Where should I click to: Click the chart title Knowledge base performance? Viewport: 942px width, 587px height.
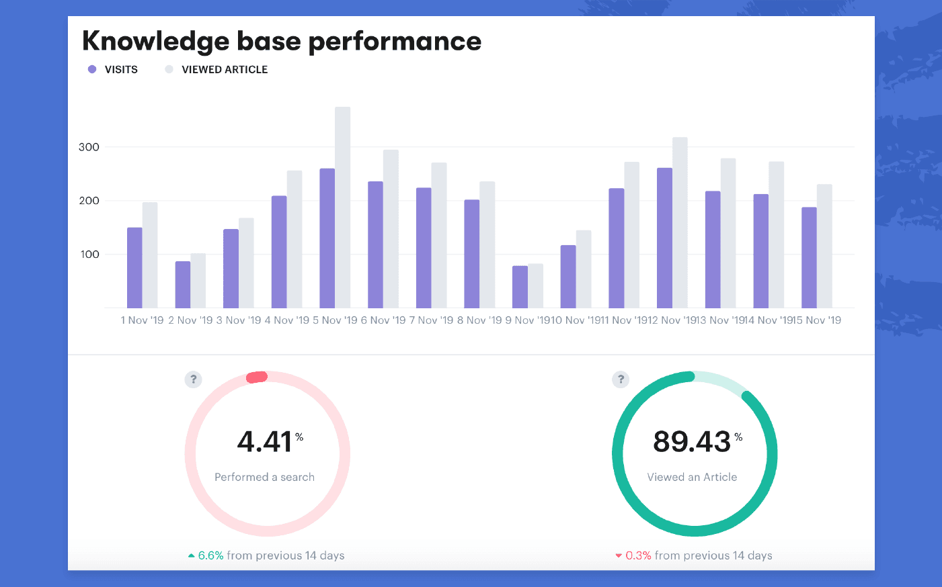tap(282, 41)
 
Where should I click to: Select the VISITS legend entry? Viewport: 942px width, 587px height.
tap(120, 69)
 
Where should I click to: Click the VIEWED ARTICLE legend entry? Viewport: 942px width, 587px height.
tap(224, 69)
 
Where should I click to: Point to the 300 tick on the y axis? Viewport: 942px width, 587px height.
tap(89, 147)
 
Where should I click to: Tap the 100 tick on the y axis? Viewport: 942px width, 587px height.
tap(89, 255)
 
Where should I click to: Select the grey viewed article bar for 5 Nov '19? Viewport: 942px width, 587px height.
tap(342, 208)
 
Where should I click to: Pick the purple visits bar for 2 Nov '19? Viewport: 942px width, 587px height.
tap(183, 285)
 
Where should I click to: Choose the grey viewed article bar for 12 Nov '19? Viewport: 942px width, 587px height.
tap(680, 223)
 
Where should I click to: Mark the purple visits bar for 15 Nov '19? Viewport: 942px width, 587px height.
tap(809, 258)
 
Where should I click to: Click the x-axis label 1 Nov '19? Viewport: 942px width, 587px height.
tap(142, 320)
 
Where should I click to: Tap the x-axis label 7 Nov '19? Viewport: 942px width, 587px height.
tap(431, 320)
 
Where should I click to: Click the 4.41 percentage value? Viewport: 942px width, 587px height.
tap(264, 442)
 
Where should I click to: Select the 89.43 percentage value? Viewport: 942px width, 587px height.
tap(692, 442)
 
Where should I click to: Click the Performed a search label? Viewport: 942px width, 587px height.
tap(264, 477)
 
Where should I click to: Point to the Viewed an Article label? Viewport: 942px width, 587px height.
tap(692, 477)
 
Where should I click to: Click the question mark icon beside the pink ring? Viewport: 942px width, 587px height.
tap(193, 379)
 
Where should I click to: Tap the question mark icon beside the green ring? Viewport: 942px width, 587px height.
tap(621, 379)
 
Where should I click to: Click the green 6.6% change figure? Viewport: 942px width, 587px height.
tap(210, 555)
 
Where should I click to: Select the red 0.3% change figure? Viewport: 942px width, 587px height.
tap(638, 555)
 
